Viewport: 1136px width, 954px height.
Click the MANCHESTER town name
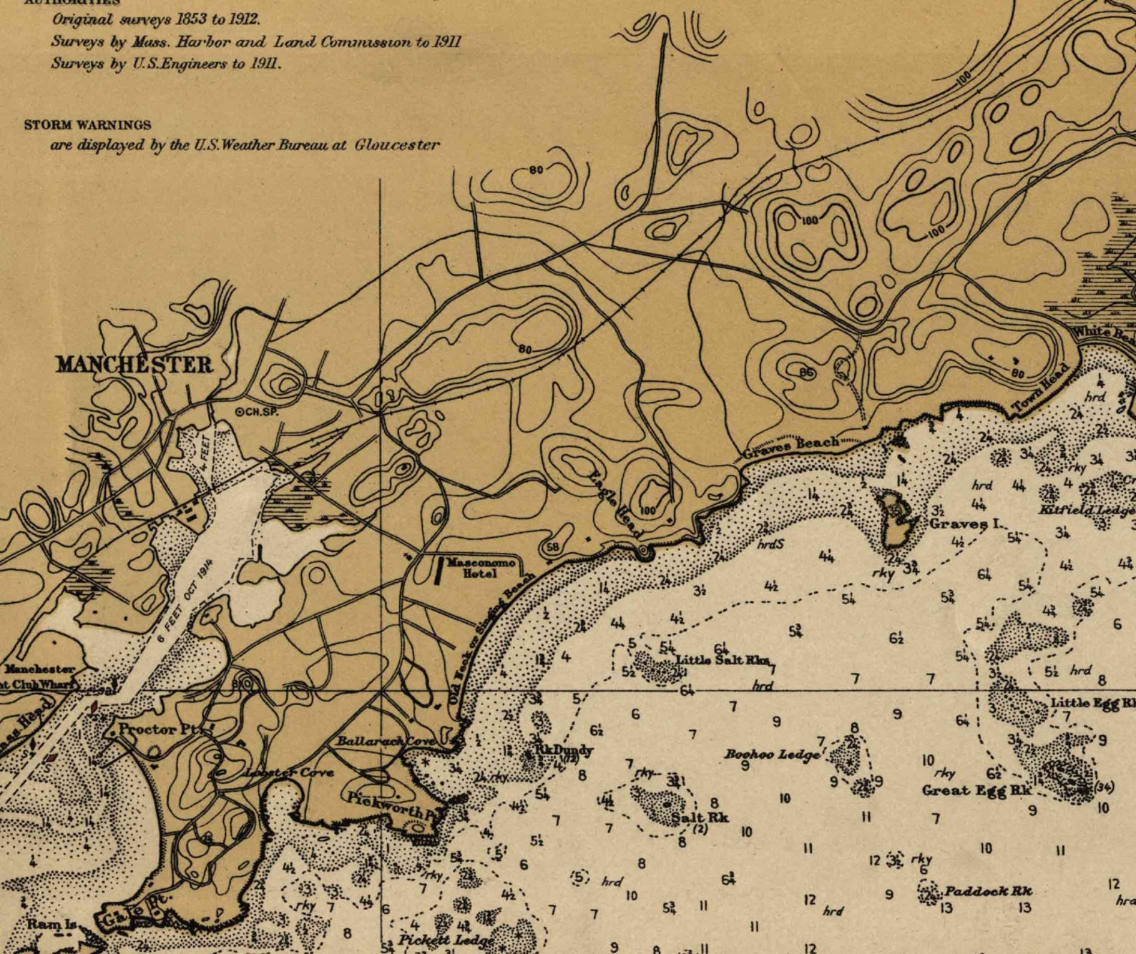134,365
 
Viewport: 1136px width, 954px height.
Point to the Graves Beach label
790,447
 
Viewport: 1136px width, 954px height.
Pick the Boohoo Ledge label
770,754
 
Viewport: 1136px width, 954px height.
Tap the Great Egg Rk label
976,790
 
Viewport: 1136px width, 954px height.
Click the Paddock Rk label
988,891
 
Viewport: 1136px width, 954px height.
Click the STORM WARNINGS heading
87,124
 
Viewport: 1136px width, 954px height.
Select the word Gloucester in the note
397,144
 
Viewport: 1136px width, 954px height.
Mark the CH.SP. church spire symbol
241,411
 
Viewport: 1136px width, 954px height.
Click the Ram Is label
52,924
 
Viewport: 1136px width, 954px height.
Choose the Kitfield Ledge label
1086,510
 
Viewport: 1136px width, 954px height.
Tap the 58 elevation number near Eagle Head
552,546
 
